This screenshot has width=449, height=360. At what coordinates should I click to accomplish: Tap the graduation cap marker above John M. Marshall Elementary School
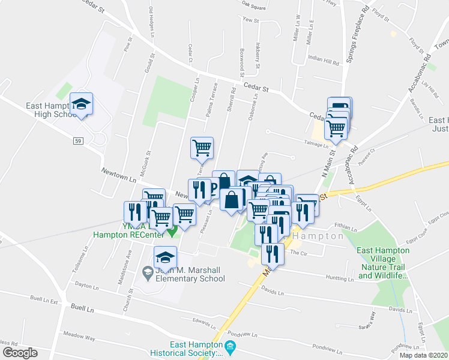165,258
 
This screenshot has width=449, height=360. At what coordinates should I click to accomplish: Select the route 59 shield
79,141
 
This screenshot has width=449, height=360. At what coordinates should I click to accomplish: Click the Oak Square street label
253,7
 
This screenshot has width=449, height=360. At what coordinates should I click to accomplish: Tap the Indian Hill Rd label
324,60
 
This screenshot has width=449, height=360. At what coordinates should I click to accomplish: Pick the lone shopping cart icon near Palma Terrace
202,148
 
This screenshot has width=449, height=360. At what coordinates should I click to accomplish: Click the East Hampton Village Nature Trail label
382,263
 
